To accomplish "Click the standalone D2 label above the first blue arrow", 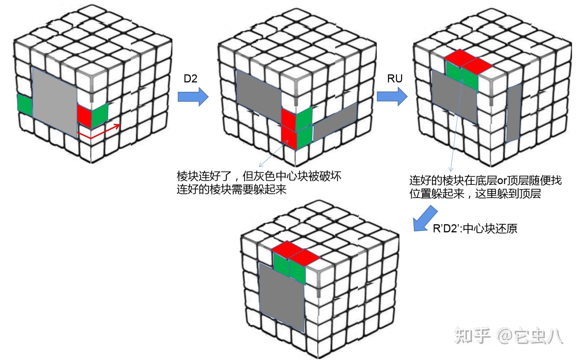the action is click(x=190, y=79).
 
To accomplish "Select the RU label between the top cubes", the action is click(x=394, y=79).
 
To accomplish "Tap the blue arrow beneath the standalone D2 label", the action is click(x=193, y=97).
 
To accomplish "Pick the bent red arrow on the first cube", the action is click(x=99, y=132).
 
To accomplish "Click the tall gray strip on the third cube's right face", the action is click(x=514, y=113).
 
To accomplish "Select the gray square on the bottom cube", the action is click(x=282, y=298).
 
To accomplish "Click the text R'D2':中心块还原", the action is click(x=475, y=229).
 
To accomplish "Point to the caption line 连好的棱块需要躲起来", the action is click(x=231, y=190).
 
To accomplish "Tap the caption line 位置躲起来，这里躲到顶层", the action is click(x=475, y=194).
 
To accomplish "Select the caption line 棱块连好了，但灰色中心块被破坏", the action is click(x=259, y=176).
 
